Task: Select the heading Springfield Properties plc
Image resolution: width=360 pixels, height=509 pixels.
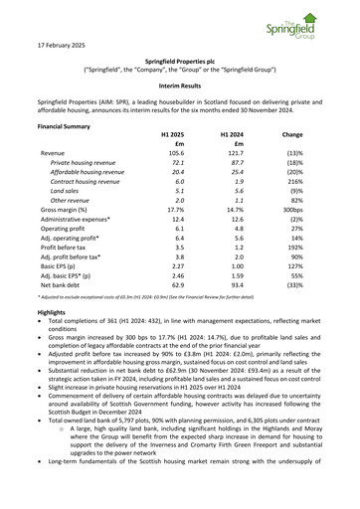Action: tap(179, 62)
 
